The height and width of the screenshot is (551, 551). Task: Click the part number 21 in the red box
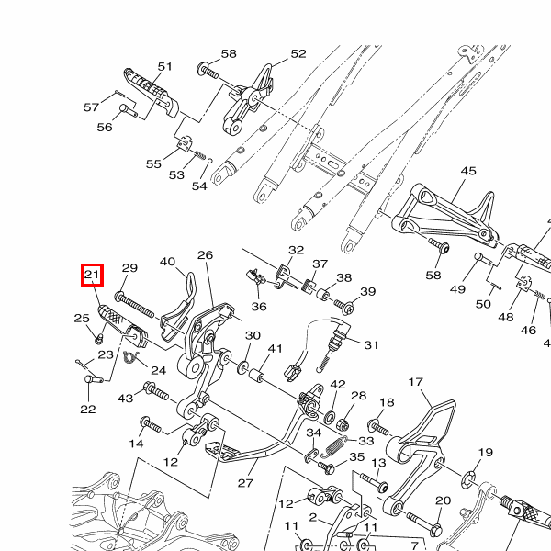pos(92,275)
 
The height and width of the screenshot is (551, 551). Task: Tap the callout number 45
pos(468,172)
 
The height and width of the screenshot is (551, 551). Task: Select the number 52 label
pos(298,54)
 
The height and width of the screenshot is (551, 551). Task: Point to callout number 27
pos(245,482)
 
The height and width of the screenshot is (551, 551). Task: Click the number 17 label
pos(415,382)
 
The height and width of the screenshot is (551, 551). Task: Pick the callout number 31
pos(371,345)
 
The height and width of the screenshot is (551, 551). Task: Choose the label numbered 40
pos(168,263)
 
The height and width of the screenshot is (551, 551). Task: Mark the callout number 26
pos(205,255)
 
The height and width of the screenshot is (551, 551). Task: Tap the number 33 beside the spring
pos(366,441)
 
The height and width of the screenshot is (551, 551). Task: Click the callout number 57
pos(91,107)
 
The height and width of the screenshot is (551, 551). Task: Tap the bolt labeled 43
pos(156,393)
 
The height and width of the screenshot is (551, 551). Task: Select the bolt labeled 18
pos(380,426)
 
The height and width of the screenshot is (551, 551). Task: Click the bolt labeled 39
pos(344,306)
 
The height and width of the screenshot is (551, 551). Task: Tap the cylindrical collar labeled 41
pos(259,376)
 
